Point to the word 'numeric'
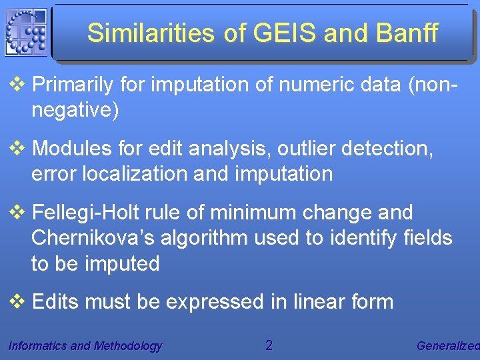[312, 85]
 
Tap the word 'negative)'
[75, 110]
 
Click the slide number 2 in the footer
[269, 345]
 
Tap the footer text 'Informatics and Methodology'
[85, 345]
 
